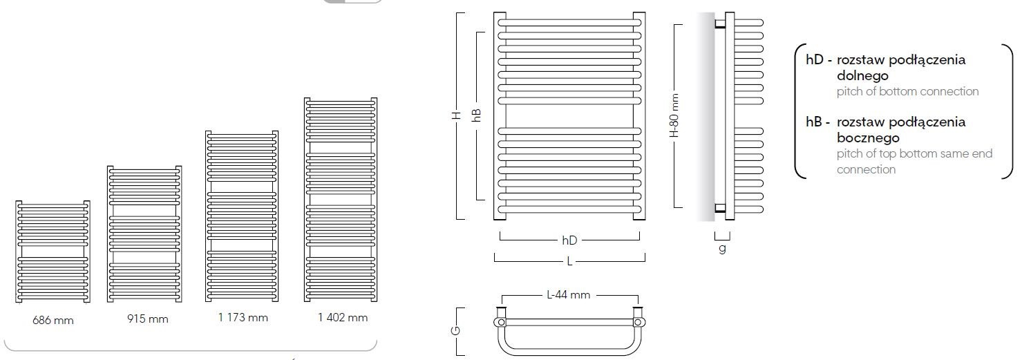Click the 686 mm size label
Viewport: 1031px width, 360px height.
pos(53,321)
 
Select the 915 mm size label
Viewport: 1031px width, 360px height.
pos(148,319)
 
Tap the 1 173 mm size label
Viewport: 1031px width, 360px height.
pos(243,318)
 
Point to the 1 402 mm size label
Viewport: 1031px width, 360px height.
pos(343,318)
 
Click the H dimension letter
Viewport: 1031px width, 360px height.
pos(456,115)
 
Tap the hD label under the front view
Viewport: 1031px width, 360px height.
pos(569,240)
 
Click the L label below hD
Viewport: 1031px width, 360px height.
pos(569,262)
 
